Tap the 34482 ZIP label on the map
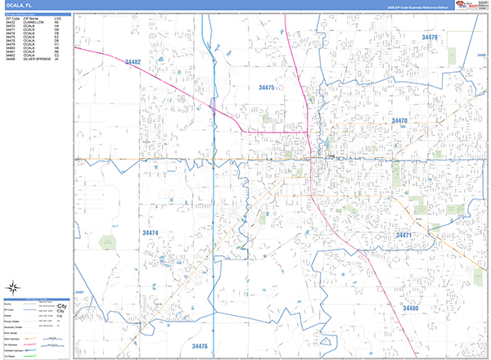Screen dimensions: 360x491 coord(133,62)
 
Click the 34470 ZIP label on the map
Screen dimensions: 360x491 coord(399,121)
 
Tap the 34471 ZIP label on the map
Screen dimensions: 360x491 coord(407,236)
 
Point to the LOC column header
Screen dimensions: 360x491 coord(56,16)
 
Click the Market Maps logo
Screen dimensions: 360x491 coord(471,6)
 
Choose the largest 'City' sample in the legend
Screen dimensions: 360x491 coord(61,304)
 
